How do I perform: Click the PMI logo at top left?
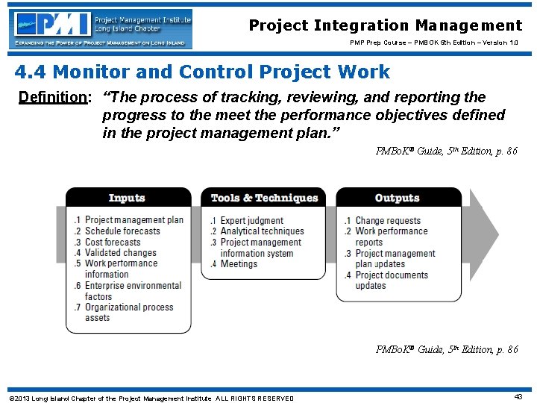pyautogui.click(x=101, y=29)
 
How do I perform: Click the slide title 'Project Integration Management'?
pyautogui.click(x=386, y=25)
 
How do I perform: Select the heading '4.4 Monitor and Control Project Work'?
pyautogui.click(x=202, y=72)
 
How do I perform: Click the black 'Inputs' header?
pyautogui.click(x=127, y=198)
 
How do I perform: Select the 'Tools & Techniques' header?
pyautogui.click(x=264, y=198)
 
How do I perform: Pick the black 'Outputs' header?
pyautogui.click(x=398, y=198)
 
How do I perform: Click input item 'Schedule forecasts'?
pyautogui.click(x=122, y=231)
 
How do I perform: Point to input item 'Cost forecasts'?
pyautogui.click(x=113, y=243)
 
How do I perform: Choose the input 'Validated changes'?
pyautogui.click(x=121, y=253)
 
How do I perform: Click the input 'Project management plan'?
pyautogui.click(x=134, y=220)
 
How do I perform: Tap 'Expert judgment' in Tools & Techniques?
pyautogui.click(x=251, y=221)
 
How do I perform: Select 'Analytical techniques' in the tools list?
pyautogui.click(x=262, y=231)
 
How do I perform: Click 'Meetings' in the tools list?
pyautogui.click(x=239, y=264)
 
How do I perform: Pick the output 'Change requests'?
pyautogui.click(x=388, y=221)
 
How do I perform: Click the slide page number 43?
pyautogui.click(x=518, y=396)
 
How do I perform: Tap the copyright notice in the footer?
pyautogui.click(x=151, y=398)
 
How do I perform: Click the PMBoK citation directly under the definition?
pyautogui.click(x=447, y=151)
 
